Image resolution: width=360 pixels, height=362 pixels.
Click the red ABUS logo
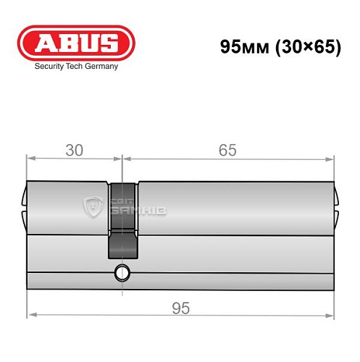76,43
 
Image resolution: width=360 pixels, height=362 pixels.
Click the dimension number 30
74,150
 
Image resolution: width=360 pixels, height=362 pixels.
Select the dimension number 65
227,150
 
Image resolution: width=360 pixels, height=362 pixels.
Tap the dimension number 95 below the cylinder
181,308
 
